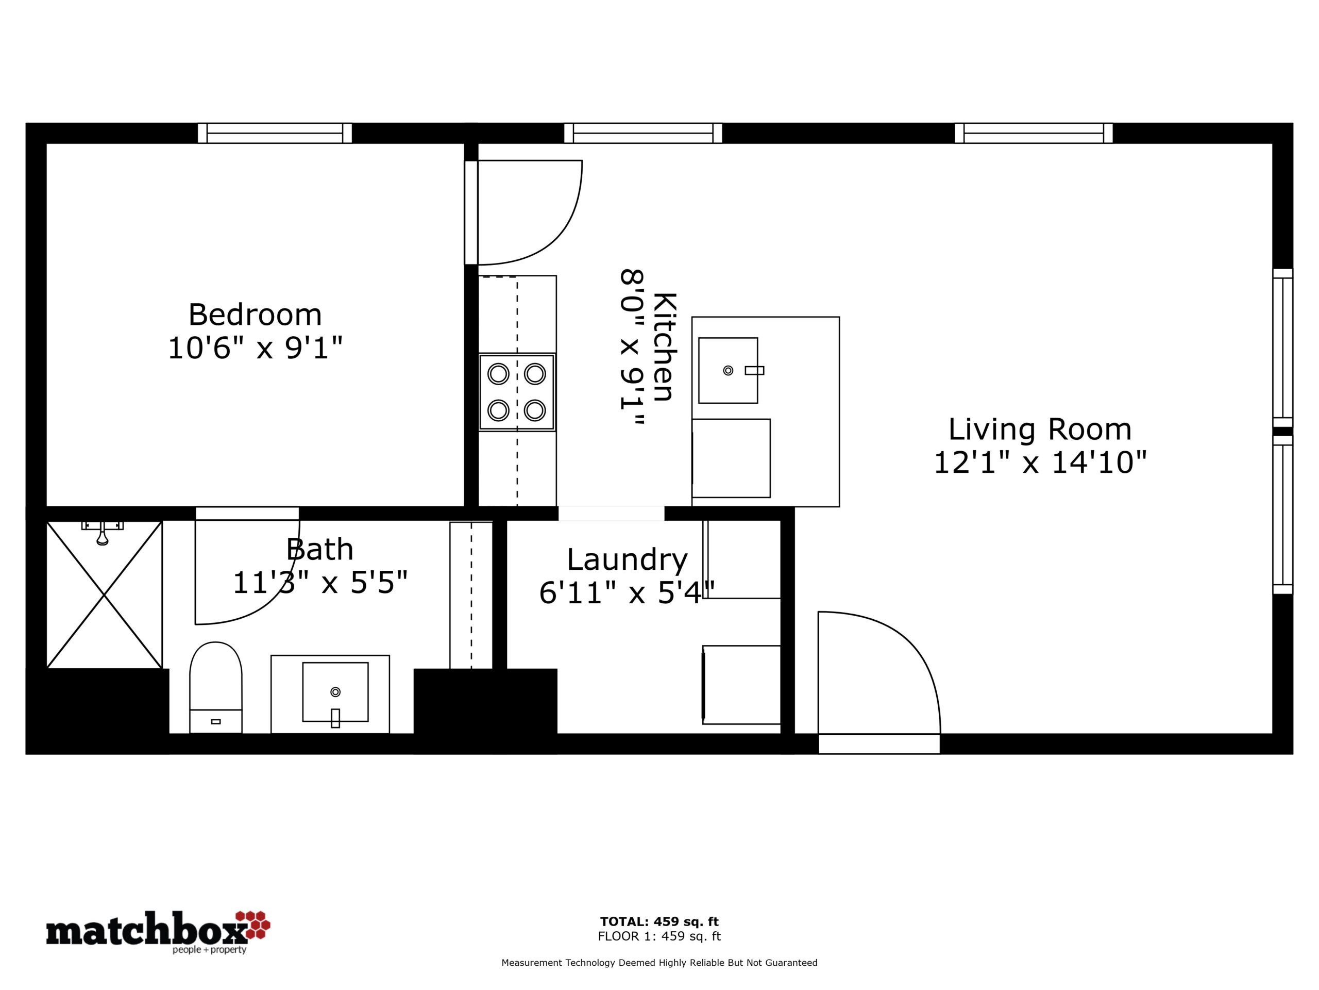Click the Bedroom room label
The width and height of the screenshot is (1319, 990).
click(255, 315)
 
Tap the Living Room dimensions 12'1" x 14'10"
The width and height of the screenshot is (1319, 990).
click(1040, 463)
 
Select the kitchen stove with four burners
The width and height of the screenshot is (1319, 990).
click(517, 392)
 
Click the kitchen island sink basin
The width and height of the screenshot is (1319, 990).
click(728, 371)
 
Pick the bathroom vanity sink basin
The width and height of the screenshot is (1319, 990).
click(335, 691)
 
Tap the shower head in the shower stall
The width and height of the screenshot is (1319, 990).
click(103, 533)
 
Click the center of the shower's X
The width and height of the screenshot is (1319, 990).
click(105, 595)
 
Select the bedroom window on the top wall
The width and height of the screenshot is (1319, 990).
click(275, 133)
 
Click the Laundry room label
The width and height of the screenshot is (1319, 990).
click(628, 560)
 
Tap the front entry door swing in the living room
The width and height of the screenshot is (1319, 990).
click(879, 672)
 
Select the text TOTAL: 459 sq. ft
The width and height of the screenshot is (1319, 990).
click(659, 921)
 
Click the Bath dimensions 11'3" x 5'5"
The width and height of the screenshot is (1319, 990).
click(320, 583)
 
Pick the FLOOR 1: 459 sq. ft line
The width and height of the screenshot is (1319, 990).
click(659, 936)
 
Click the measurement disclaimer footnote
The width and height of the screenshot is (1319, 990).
click(659, 963)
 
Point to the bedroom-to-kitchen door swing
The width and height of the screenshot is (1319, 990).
click(528, 212)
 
